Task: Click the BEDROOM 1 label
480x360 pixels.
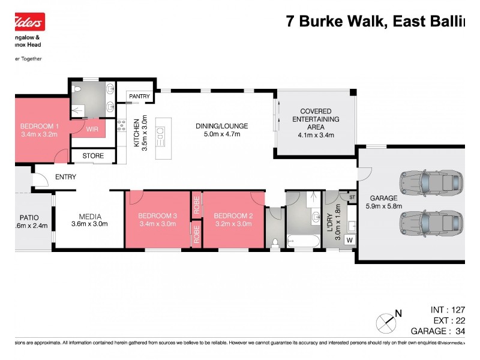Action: (x=40, y=126)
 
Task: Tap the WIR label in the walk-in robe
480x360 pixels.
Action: (x=92, y=129)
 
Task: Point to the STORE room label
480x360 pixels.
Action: (x=93, y=156)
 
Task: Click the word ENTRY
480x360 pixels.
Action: (x=65, y=177)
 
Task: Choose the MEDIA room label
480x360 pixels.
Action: (x=90, y=217)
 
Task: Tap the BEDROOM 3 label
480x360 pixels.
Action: (x=157, y=216)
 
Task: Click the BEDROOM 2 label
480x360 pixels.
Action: (x=233, y=216)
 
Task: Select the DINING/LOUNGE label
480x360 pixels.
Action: (x=221, y=126)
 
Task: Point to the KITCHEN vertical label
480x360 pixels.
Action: (x=136, y=132)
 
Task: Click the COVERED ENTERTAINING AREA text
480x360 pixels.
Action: (x=316, y=119)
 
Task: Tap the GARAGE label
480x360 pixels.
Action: (x=383, y=197)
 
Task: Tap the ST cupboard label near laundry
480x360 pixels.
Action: (x=352, y=196)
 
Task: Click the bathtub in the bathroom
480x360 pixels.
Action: (x=304, y=241)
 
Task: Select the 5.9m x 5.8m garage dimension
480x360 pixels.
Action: (x=384, y=206)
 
